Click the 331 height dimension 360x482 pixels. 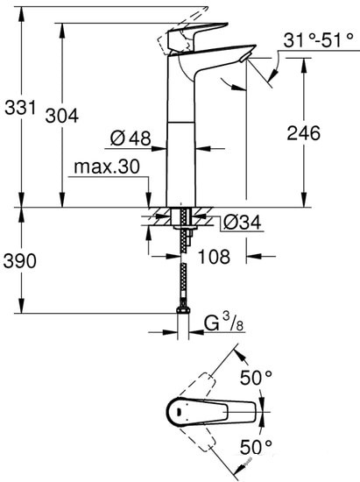[19, 109]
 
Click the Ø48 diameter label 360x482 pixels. [131, 138]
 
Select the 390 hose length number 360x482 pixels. [20, 259]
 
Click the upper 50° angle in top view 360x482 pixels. [257, 379]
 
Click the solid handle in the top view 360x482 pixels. [210, 410]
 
